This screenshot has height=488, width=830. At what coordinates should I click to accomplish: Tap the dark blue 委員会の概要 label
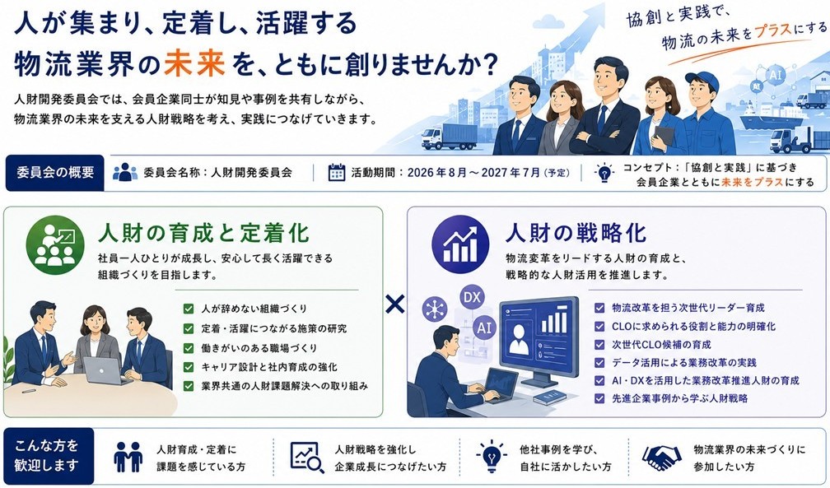click(x=55, y=173)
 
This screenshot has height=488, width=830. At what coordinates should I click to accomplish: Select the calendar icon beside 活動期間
click(x=337, y=173)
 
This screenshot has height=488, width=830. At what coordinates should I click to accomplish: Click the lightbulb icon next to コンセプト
click(x=604, y=173)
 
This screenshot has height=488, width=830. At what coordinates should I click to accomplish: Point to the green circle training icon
click(x=55, y=244)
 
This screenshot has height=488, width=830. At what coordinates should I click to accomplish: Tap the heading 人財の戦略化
click(x=576, y=233)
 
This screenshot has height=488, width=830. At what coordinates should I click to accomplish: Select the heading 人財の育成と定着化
click(x=204, y=233)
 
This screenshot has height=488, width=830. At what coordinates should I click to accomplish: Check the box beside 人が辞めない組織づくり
click(x=189, y=309)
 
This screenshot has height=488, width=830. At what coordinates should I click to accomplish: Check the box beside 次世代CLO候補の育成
click(x=599, y=345)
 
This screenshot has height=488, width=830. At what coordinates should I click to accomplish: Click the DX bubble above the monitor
click(x=472, y=297)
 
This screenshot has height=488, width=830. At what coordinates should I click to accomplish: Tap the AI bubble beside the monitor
click(x=485, y=328)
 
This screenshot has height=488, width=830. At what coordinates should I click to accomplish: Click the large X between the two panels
click(x=395, y=304)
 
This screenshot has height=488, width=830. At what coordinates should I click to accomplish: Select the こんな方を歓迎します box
click(x=49, y=456)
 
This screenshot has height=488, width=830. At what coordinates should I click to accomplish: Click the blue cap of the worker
click(x=703, y=80)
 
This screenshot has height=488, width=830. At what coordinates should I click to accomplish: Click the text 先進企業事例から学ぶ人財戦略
click(x=679, y=398)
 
